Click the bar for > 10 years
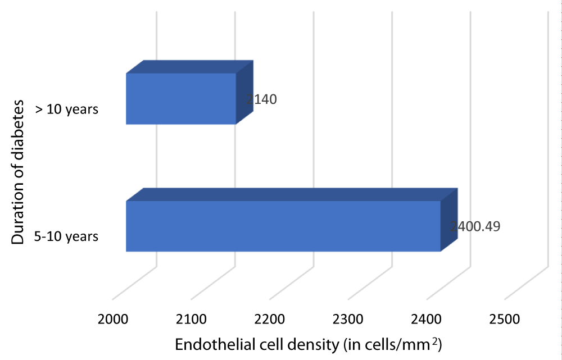point(180,99)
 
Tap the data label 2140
point(261,100)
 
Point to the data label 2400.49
point(475,226)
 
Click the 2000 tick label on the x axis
point(113,320)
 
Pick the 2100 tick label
point(191,320)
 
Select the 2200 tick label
point(269,320)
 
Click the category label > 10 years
point(67,110)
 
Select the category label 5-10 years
point(66,236)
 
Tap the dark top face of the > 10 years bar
point(189,66)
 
